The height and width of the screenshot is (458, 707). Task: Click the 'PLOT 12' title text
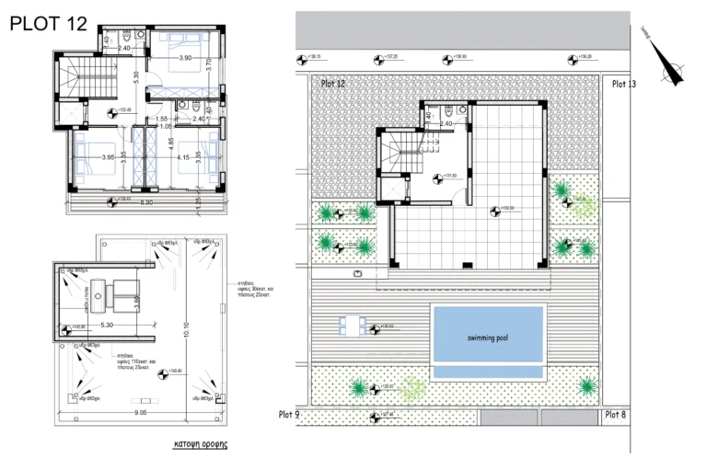[x=48, y=25]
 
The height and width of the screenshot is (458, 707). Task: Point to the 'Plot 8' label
[x=616, y=415]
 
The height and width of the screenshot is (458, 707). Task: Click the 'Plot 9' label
[x=289, y=415]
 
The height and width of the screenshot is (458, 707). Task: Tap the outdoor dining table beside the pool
[x=350, y=326]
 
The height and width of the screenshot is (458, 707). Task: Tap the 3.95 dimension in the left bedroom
[x=108, y=157]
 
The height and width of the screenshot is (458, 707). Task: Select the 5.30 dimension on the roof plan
[x=108, y=325]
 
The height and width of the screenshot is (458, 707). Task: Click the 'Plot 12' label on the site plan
[x=333, y=84]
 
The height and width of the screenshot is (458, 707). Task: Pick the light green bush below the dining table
[x=411, y=391]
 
